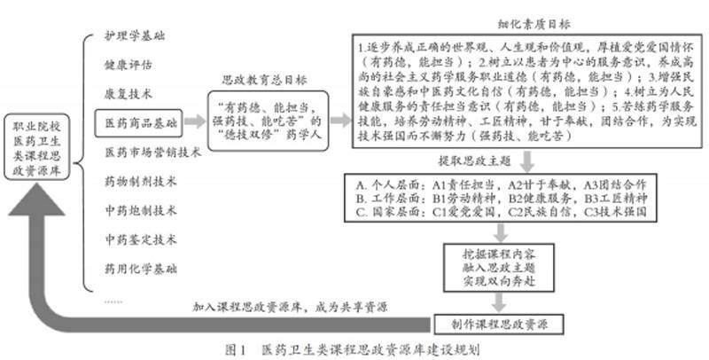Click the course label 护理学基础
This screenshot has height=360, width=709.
click(x=135, y=36)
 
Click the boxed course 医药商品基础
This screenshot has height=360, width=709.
click(x=141, y=121)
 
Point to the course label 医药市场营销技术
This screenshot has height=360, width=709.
click(x=153, y=152)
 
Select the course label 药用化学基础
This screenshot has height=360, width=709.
click(x=141, y=267)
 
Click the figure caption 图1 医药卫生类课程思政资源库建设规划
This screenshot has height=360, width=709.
click(x=354, y=348)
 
